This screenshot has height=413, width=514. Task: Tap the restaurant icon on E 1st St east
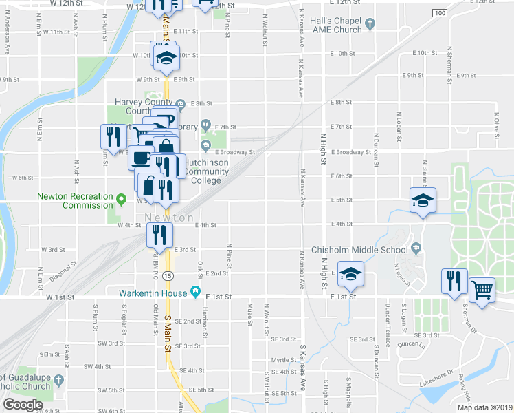pos(454,281)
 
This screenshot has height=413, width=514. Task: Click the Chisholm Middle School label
pos(360,249)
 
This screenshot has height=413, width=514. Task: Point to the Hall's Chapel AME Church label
pos(336,25)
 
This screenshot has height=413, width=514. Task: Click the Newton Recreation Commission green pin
pos(122,200)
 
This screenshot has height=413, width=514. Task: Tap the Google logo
pos(23,405)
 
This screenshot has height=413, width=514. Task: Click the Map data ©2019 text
pos(484,407)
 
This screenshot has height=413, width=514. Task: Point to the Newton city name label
pos(169,218)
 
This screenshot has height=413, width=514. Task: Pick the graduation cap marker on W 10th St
pos(166,58)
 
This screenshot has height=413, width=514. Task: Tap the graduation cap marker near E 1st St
pos(350,275)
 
